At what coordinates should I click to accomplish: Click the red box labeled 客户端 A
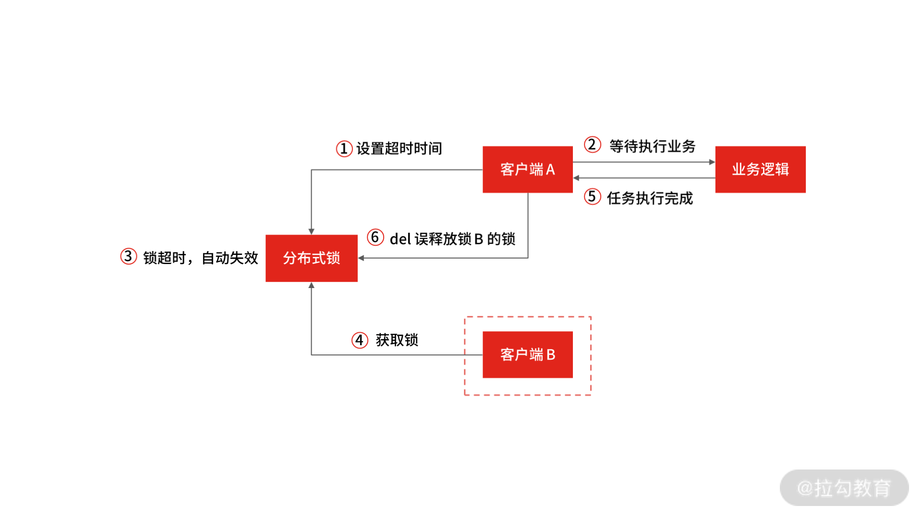pyautogui.click(x=527, y=169)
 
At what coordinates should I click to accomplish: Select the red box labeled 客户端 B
pyautogui.click(x=527, y=354)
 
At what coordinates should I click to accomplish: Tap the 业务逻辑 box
pyautogui.click(x=760, y=169)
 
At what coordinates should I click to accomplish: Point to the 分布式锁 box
pyautogui.click(x=311, y=258)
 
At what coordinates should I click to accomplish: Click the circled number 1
pyautogui.click(x=344, y=149)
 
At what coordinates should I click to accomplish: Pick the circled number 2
pyautogui.click(x=592, y=145)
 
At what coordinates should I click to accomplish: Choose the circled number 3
pyautogui.click(x=128, y=256)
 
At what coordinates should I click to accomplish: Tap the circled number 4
pyautogui.click(x=360, y=340)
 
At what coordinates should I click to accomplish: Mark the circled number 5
pyautogui.click(x=592, y=196)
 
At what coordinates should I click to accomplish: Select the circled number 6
pyautogui.click(x=375, y=237)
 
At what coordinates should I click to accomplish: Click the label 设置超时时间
pyautogui.click(x=399, y=149)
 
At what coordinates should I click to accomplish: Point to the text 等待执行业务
pyautogui.click(x=652, y=146)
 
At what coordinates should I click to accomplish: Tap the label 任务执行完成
pyautogui.click(x=650, y=198)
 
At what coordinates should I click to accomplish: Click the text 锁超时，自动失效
pyautogui.click(x=200, y=258)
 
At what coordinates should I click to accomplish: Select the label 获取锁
pyautogui.click(x=397, y=340)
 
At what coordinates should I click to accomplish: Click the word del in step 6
pyautogui.click(x=400, y=239)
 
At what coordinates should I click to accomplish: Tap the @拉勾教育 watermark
pyautogui.click(x=844, y=488)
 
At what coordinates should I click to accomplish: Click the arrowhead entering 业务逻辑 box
pyautogui.click(x=712, y=162)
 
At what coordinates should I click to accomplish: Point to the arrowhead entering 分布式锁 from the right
pyautogui.click(x=361, y=258)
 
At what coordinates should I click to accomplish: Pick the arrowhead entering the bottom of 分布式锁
pyautogui.click(x=311, y=285)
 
